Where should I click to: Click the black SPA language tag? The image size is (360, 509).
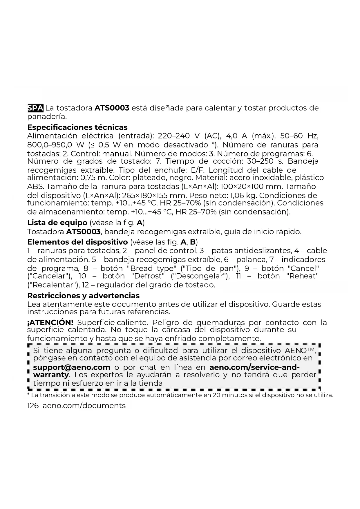click(35, 108)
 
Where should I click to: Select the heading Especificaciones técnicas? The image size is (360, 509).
click(77, 127)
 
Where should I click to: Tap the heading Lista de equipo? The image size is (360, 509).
click(57, 223)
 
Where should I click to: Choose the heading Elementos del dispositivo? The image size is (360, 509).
click(77, 242)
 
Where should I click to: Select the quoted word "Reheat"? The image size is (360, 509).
click(302, 276)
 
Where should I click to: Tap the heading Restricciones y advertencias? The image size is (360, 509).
click(83, 295)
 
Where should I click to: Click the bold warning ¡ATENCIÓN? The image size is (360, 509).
click(50, 322)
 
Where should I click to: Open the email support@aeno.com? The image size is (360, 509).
click(72, 367)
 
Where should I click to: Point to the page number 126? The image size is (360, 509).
click(33, 406)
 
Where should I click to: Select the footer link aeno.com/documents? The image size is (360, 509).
click(84, 406)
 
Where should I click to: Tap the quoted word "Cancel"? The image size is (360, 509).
click(303, 268)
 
